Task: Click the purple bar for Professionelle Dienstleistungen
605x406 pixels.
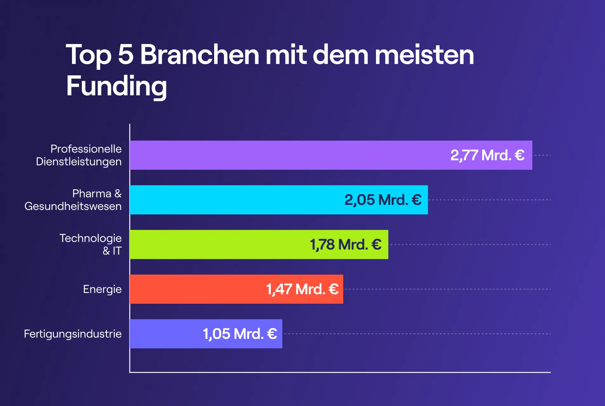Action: click(286, 155)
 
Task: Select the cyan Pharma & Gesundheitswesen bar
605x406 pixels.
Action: click(235, 200)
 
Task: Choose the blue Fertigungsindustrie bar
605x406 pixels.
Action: click(165, 334)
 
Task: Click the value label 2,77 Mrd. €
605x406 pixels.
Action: click(487, 155)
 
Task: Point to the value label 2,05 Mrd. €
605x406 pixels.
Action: click(383, 200)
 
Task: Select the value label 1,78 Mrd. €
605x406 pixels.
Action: click(345, 244)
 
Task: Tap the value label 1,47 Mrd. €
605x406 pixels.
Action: click(302, 289)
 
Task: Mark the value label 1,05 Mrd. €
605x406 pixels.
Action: click(240, 334)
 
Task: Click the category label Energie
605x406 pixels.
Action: click(102, 289)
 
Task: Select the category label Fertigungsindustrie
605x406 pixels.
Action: click(73, 334)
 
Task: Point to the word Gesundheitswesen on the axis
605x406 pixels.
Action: click(73, 206)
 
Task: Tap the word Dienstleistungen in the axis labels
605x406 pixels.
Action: click(79, 162)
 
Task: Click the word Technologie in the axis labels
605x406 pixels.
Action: click(90, 238)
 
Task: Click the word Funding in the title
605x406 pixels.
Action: click(116, 86)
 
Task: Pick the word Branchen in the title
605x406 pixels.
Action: click(200, 55)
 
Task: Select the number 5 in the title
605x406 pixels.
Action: click(126, 55)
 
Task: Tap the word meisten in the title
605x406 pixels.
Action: click(424, 55)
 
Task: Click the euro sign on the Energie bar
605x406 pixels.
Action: click(334, 289)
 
